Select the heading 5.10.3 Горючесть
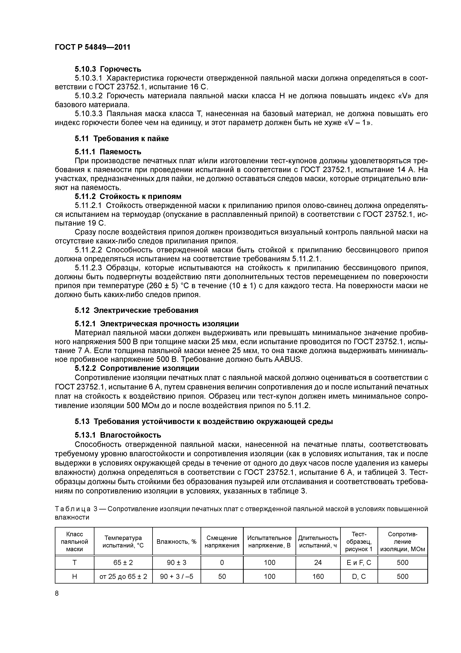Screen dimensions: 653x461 [x=108, y=69]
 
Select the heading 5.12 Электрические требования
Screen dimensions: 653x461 [x=136, y=310]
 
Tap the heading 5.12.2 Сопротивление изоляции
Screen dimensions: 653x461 [x=137, y=368]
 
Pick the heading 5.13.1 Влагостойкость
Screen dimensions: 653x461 [x=118, y=435]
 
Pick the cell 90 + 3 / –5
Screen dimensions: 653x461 [x=176, y=576]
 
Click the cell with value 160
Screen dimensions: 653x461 [x=318, y=576]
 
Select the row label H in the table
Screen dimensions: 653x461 [x=74, y=576]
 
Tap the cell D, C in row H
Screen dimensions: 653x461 [x=359, y=576]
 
